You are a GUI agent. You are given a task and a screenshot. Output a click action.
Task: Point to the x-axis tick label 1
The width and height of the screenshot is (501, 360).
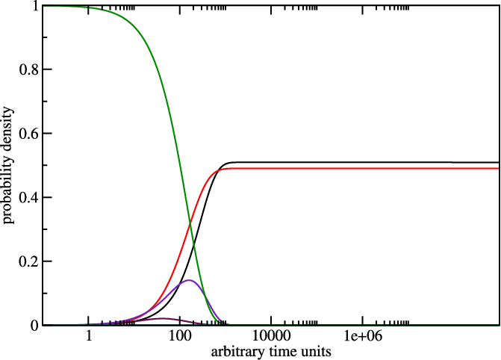coord(90,338)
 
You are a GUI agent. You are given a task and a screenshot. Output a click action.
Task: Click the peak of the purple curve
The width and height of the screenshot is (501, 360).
coord(189,280)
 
